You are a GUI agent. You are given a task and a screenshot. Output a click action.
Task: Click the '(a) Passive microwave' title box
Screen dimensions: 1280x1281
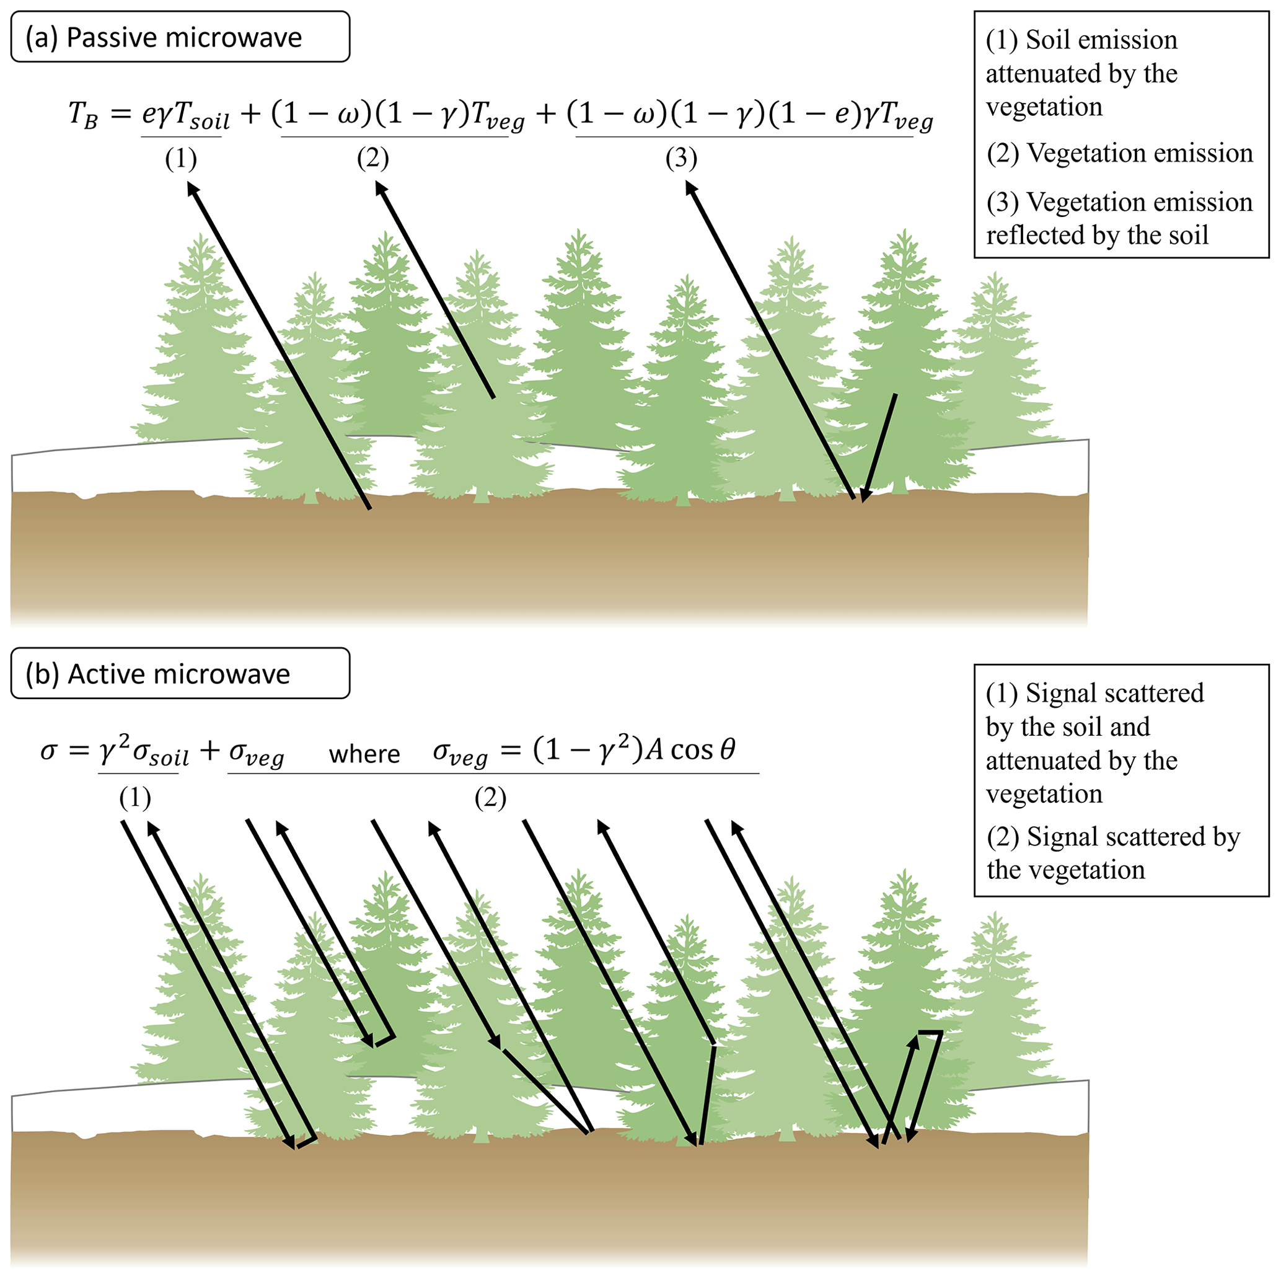coord(180,37)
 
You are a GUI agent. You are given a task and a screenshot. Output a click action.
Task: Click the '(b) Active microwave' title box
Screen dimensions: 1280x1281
coord(180,674)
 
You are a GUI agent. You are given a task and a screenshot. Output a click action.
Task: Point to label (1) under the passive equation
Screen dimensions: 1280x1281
coord(181,159)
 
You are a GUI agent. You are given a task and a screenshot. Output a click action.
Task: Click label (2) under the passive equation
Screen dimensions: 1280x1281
coord(372,159)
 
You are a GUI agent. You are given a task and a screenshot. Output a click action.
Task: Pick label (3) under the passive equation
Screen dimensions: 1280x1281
coord(681,159)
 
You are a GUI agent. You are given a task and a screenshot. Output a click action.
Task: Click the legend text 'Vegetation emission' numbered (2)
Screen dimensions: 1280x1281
coord(1139,153)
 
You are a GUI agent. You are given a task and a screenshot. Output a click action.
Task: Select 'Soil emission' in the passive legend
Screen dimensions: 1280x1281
coord(1101,40)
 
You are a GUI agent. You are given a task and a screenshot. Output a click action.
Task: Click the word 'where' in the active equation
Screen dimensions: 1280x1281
coord(364,754)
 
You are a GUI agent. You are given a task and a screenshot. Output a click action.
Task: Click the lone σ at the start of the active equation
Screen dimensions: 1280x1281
coord(49,751)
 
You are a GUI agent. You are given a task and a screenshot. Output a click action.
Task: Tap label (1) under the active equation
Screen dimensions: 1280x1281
coord(135,798)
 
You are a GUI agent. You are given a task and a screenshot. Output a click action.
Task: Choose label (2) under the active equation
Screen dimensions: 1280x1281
coord(490,798)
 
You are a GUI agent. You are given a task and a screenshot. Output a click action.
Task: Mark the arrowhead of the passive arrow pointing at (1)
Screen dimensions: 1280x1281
coord(191,188)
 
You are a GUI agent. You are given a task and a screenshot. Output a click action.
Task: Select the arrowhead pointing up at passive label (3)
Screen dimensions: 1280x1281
coord(690,188)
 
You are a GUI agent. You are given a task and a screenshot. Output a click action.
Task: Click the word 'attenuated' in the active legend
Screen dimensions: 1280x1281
coord(1037,760)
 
